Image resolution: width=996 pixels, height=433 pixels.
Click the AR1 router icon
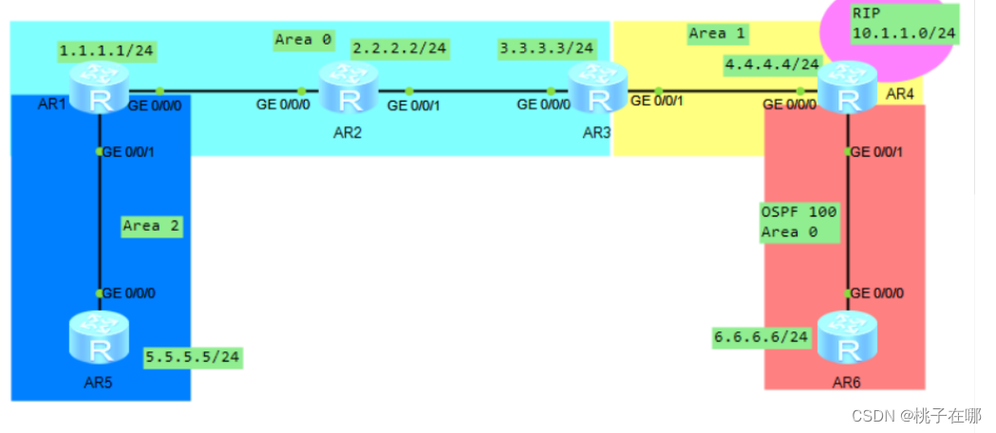[x=99, y=89]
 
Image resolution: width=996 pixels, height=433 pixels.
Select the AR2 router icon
[x=348, y=89]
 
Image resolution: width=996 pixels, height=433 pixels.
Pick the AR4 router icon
[x=848, y=89]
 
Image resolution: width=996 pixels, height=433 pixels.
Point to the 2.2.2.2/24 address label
[x=400, y=47]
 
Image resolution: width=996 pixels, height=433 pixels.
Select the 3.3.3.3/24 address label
[x=548, y=47]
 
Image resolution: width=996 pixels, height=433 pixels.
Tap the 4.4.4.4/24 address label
[x=772, y=65]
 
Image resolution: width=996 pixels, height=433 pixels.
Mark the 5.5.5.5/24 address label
[x=193, y=357]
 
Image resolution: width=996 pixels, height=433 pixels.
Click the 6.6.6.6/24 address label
[x=761, y=336]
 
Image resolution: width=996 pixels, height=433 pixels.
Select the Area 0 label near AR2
[x=303, y=39]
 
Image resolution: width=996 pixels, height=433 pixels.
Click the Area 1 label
[x=718, y=33]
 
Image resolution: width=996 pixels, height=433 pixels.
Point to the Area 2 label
[x=151, y=226]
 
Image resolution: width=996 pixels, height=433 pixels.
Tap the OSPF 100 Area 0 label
[x=799, y=221]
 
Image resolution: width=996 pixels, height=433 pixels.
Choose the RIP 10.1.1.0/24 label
[x=903, y=24]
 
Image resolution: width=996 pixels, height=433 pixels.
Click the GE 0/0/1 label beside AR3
[x=657, y=100]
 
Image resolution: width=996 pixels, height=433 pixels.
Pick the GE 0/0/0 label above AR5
[x=129, y=292]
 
